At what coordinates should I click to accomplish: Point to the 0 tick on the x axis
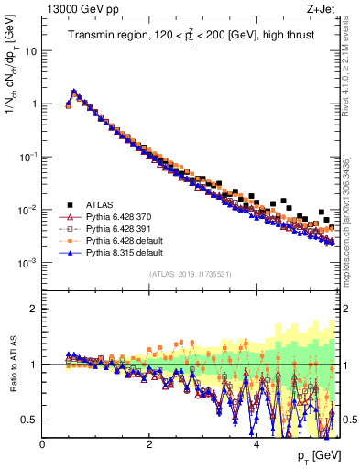[x=43, y=444]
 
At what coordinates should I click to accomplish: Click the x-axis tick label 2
[x=149, y=444]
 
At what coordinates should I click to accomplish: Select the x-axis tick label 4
[x=256, y=444]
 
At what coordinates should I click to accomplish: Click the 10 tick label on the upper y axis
[x=30, y=51]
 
